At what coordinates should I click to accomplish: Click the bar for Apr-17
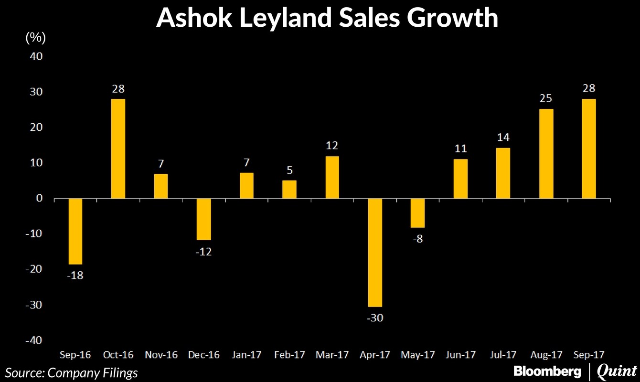375,252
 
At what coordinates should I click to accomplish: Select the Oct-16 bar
118,149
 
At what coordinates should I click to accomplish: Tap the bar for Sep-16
75,231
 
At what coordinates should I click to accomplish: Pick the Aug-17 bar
546,153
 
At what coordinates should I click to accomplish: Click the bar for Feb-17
289,189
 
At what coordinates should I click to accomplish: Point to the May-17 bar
418,213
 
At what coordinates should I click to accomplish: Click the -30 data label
375,318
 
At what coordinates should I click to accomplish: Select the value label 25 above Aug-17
546,99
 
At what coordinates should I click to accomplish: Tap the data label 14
503,138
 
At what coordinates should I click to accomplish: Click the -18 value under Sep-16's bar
75,276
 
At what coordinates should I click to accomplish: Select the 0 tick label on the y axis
40,198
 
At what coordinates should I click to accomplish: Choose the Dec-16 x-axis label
203,355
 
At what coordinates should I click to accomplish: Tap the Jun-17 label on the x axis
460,355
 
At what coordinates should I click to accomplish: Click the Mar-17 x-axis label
332,355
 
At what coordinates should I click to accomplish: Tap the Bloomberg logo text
547,371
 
